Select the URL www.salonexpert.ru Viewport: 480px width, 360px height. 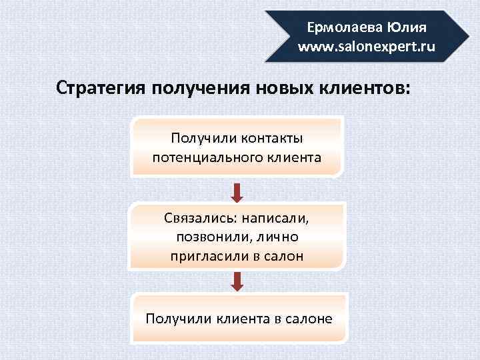(x=367, y=47)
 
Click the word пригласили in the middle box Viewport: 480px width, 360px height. (x=205, y=256)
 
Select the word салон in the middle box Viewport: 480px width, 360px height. (x=283, y=256)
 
